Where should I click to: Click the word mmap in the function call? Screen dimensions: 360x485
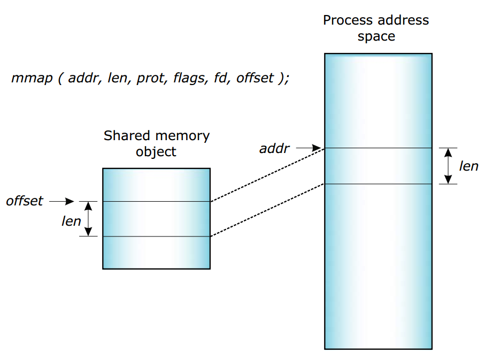32,78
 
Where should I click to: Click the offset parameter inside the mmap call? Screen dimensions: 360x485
255,78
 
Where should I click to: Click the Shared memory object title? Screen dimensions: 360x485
156,143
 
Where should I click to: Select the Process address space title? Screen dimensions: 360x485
376,28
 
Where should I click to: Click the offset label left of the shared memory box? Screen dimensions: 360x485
25,201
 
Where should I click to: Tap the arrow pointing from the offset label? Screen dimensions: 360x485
62,201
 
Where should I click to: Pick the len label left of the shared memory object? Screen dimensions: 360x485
71,221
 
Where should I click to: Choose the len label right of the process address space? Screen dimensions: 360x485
468,166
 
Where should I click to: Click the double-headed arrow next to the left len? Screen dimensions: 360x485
89,219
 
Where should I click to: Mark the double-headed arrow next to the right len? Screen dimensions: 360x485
448,166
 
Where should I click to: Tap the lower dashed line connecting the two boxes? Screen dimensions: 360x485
267,210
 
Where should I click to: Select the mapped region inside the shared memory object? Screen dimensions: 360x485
156,219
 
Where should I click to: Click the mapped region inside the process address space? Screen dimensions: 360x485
378,166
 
